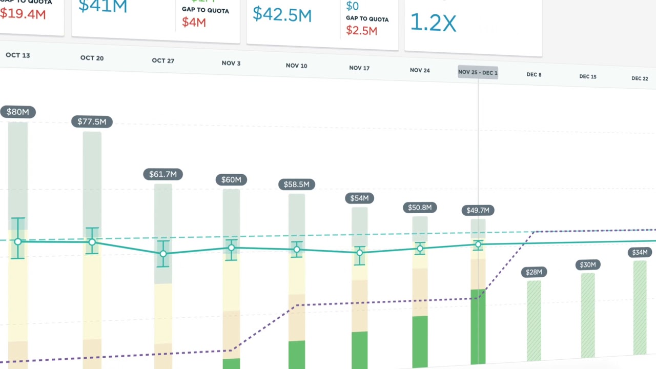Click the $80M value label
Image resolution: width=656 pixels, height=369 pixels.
[x=17, y=112]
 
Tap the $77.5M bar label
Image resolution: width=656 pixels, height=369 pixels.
[x=92, y=121]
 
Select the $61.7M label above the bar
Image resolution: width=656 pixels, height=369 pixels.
[x=162, y=174]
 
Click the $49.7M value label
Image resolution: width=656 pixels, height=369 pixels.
[x=478, y=210]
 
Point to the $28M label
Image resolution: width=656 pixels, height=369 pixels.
[x=534, y=272]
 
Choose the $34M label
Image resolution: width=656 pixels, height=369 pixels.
[x=640, y=252]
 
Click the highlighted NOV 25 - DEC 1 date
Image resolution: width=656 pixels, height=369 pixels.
[x=478, y=72]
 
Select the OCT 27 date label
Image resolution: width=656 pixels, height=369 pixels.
[x=162, y=60]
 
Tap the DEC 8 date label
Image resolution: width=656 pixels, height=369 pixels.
[x=534, y=74]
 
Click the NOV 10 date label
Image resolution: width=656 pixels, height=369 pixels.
[x=296, y=66]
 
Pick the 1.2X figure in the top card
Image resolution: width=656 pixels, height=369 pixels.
[x=433, y=23]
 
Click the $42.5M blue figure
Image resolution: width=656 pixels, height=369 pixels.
[x=282, y=14]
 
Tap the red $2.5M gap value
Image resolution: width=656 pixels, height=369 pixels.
[x=361, y=30]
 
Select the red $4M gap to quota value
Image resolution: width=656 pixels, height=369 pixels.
[x=194, y=23]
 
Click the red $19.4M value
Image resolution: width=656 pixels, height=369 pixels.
[x=23, y=14]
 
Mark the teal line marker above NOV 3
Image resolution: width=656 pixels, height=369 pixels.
[x=231, y=248]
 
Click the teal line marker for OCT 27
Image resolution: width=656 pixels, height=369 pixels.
[x=163, y=254]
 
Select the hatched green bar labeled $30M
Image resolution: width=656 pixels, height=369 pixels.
[x=587, y=315]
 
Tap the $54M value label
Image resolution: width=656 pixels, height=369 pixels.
[x=359, y=198]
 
